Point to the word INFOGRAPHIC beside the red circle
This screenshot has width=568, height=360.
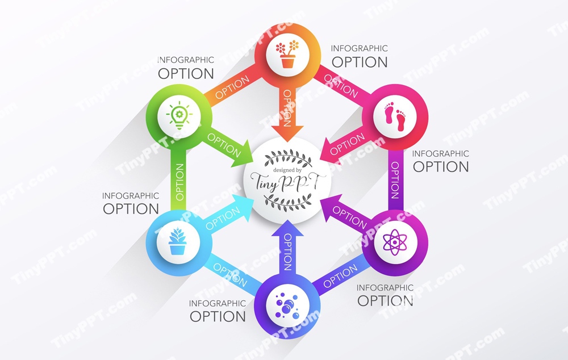359,49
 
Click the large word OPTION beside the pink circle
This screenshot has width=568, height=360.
441,167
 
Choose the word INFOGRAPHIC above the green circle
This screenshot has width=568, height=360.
186,60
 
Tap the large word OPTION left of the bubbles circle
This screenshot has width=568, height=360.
218,317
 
